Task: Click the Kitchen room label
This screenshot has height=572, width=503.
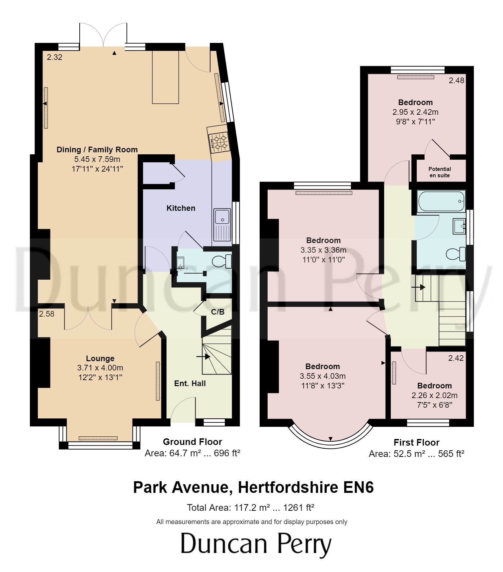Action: pyautogui.click(x=181, y=208)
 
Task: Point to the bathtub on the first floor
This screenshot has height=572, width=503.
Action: pyautogui.click(x=441, y=201)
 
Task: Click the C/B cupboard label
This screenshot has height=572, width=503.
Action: pyautogui.click(x=217, y=312)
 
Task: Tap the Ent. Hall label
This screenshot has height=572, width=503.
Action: pyautogui.click(x=190, y=383)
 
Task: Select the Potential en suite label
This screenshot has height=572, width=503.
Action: pyautogui.click(x=439, y=172)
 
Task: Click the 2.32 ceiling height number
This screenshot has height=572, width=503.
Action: pyautogui.click(x=54, y=57)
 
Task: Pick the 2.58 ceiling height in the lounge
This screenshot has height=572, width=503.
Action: pyautogui.click(x=46, y=314)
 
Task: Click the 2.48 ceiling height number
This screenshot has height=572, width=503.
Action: pyautogui.click(x=456, y=80)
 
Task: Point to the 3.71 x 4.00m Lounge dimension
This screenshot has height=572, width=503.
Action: pyautogui.click(x=100, y=368)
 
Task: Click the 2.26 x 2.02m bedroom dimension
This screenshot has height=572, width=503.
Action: pyautogui.click(x=434, y=395)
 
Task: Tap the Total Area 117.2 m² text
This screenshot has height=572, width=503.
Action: pyautogui.click(x=250, y=507)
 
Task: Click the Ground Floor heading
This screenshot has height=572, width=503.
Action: pyautogui.click(x=192, y=442)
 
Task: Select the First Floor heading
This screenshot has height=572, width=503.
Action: pyautogui.click(x=416, y=442)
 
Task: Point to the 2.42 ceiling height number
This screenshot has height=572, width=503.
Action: pyautogui.click(x=456, y=358)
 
